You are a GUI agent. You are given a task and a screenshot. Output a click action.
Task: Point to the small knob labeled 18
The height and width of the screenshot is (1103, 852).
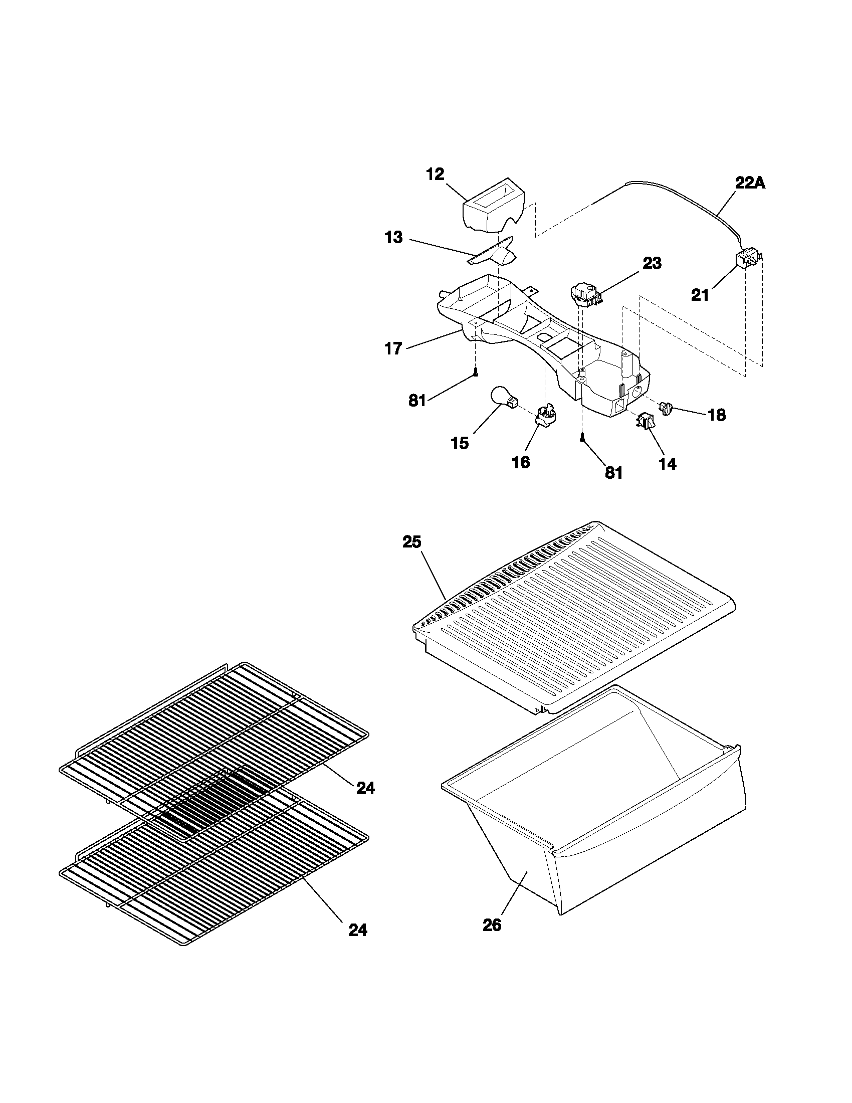(668, 407)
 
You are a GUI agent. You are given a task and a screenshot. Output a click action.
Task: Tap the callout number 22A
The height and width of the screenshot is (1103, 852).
(750, 183)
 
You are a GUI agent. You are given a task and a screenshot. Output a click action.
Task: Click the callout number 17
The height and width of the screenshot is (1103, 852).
(393, 348)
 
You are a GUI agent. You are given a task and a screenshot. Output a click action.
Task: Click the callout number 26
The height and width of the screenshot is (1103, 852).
(492, 925)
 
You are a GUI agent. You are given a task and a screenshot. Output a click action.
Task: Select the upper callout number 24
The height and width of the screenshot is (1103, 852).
(365, 788)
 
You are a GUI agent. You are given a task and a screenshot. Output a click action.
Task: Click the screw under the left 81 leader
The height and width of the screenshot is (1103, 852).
(476, 373)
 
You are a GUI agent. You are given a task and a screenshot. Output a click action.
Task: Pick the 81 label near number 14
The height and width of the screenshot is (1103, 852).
(613, 473)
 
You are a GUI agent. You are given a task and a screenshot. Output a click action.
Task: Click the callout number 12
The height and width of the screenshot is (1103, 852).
(435, 174)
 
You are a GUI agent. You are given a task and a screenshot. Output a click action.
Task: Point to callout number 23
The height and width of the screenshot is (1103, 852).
(652, 263)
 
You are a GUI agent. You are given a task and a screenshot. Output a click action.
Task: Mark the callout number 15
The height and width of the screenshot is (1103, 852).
(460, 443)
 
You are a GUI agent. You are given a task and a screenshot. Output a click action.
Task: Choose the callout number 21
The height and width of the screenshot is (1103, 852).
(700, 295)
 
